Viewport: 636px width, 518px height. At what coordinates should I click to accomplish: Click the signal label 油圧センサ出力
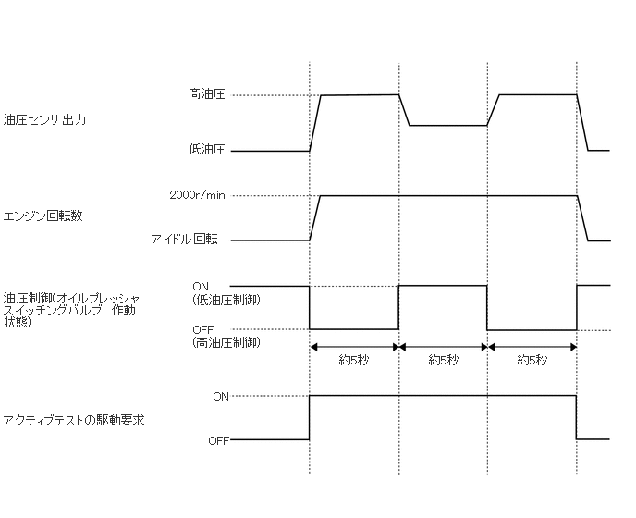(x=43, y=120)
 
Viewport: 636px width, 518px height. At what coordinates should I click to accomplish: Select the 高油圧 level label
(x=207, y=94)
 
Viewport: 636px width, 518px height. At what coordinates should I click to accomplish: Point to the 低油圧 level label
(x=207, y=150)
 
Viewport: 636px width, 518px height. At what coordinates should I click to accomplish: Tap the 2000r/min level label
(x=198, y=195)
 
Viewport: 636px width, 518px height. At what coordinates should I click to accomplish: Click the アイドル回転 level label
(x=185, y=240)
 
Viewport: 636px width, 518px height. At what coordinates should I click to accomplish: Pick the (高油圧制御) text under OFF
(x=226, y=342)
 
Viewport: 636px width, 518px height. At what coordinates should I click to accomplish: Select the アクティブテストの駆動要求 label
(x=73, y=420)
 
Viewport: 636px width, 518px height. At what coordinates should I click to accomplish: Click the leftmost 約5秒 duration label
(x=354, y=360)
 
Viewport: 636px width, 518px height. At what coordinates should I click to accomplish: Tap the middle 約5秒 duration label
(x=443, y=360)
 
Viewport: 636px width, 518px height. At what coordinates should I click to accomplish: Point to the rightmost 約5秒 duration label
(x=532, y=360)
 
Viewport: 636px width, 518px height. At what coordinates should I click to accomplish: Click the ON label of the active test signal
(x=221, y=396)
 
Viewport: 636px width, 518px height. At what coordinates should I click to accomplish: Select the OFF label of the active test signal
(x=218, y=440)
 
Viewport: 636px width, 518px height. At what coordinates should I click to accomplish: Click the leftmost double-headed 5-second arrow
(x=354, y=348)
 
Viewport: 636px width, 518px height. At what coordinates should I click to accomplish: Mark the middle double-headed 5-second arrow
(x=443, y=348)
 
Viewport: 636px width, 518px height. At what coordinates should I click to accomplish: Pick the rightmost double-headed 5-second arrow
(x=532, y=348)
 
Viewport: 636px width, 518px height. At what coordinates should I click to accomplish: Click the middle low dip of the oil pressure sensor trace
(x=448, y=125)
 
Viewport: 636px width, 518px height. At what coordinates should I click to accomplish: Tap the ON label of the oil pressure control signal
(x=201, y=286)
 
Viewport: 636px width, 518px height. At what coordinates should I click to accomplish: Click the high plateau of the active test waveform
(x=443, y=396)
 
